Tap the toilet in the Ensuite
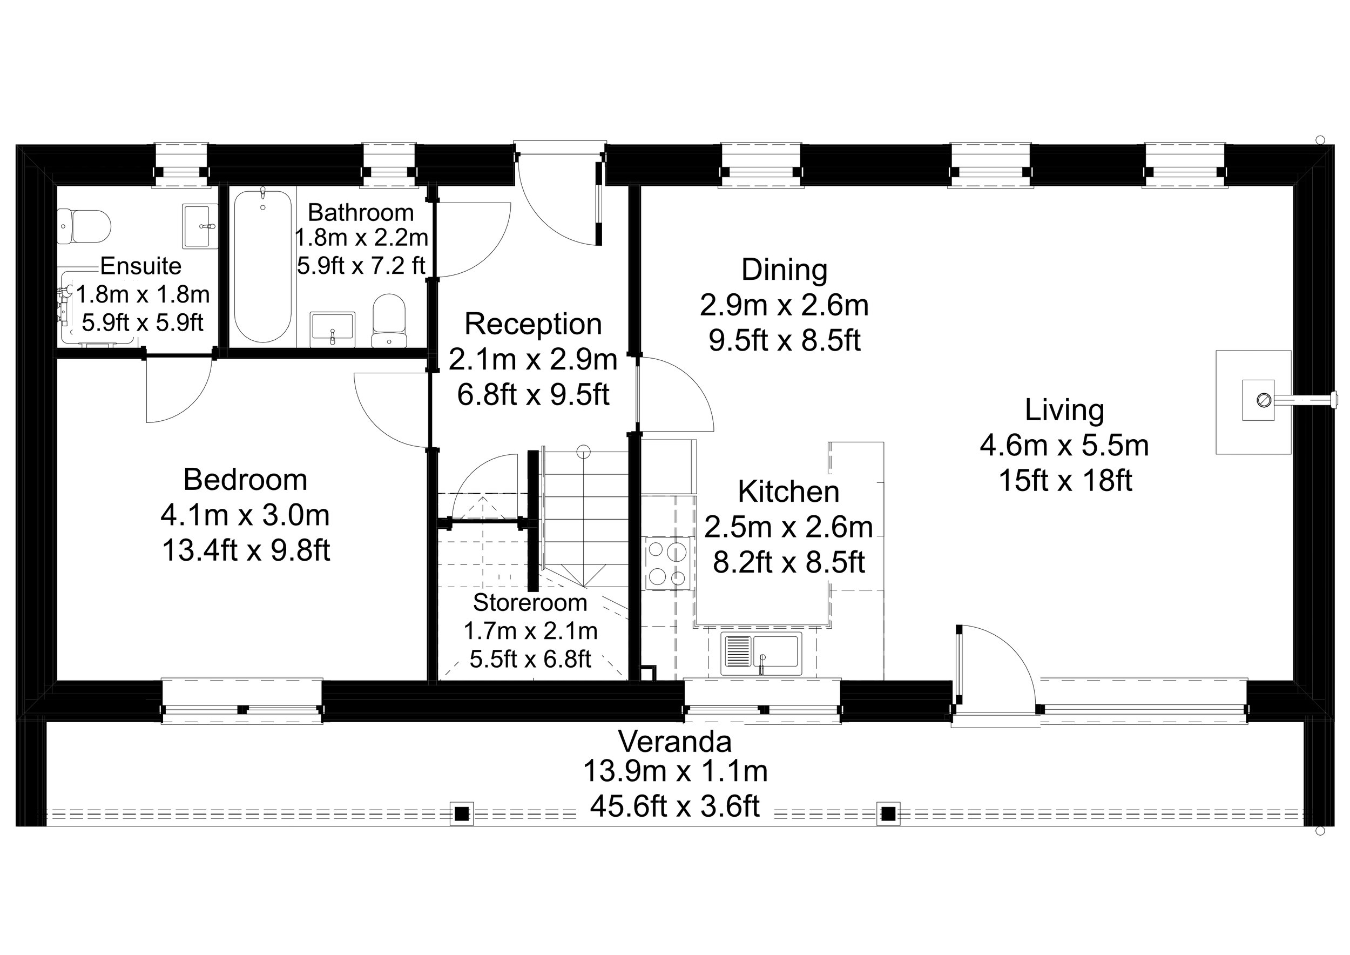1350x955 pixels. [85, 226]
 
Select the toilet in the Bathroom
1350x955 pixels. [389, 320]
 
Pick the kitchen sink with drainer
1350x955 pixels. [761, 654]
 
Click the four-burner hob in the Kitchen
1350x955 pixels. [667, 563]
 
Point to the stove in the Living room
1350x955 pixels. [1258, 400]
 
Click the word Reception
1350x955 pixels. [532, 324]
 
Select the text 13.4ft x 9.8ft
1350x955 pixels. [246, 550]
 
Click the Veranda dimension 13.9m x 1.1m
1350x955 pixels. [675, 771]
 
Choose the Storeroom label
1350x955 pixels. [530, 603]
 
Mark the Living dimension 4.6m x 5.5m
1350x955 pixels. [1064, 445]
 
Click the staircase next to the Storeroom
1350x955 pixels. [585, 517]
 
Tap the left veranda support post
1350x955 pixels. [462, 814]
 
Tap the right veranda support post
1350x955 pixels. [888, 814]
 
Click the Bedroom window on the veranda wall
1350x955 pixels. [242, 702]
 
